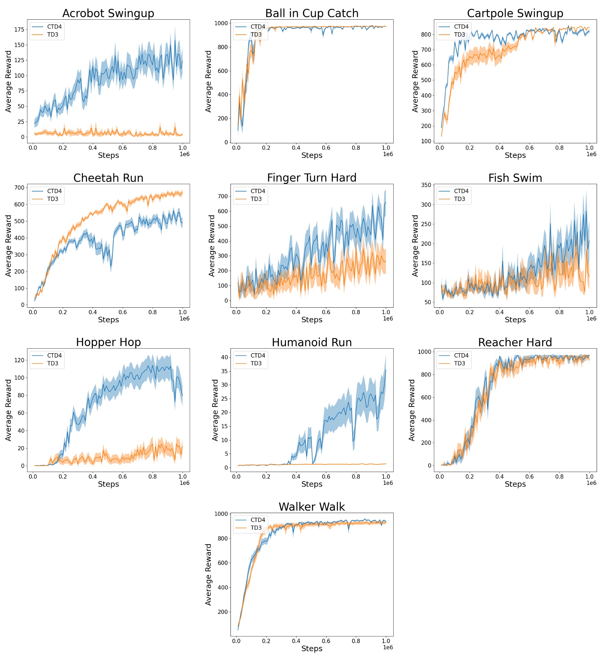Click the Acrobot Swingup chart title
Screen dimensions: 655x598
point(108,13)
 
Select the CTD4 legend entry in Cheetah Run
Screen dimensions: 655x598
point(54,191)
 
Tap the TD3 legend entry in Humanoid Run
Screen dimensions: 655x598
point(256,363)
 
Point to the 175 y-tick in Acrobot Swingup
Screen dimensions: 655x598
point(19,30)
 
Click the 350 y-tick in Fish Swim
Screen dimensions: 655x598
point(426,185)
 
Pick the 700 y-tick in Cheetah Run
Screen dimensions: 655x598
point(19,188)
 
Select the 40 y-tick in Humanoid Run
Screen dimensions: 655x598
point(224,357)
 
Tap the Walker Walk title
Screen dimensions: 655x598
point(311,507)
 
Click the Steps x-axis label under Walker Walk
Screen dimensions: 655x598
point(311,649)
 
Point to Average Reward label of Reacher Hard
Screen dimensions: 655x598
point(412,410)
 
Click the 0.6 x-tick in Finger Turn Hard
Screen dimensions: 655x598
point(326,312)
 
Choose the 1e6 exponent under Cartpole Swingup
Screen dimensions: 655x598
point(591,154)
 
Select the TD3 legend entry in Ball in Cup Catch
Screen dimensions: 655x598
point(256,35)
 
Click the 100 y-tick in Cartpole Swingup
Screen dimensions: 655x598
point(426,141)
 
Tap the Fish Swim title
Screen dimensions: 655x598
point(515,178)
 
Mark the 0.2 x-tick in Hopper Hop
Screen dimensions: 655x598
point(63,477)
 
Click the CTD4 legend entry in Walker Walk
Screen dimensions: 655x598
point(258,520)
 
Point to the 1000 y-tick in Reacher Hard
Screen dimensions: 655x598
point(425,352)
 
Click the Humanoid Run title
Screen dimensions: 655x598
point(311,342)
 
